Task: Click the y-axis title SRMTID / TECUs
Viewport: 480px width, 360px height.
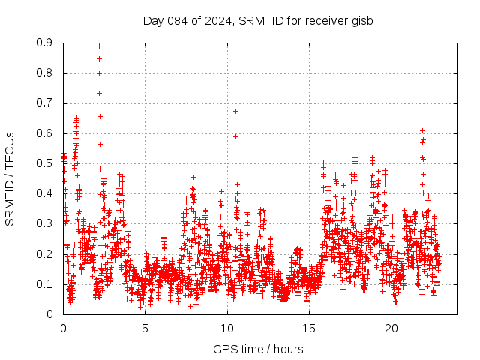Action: (x=10, y=178)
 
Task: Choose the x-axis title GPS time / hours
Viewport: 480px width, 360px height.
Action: (x=258, y=349)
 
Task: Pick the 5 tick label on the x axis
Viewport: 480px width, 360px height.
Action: (x=145, y=328)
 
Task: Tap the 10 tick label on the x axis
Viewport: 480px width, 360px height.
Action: (x=227, y=328)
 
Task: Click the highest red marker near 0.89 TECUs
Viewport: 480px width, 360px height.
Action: (x=99, y=46)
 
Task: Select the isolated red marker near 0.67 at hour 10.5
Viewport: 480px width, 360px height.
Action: (x=235, y=111)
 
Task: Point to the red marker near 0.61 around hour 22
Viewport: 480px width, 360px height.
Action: (x=422, y=130)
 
